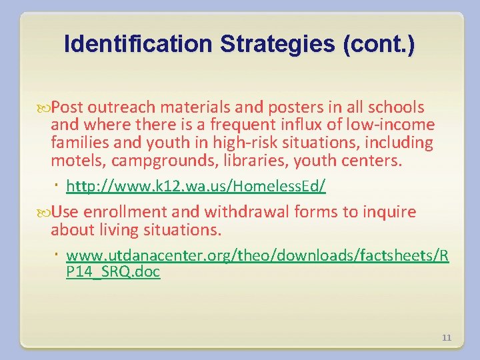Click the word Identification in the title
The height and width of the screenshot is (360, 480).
pyautogui.click(x=137, y=44)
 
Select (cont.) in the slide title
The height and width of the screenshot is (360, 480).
pyautogui.click(x=378, y=44)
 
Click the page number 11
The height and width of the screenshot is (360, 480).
pyautogui.click(x=447, y=338)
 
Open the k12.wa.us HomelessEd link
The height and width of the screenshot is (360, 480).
pyautogui.click(x=196, y=187)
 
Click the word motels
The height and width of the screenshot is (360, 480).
pyautogui.click(x=73, y=161)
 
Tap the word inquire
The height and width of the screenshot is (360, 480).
pyautogui.click(x=389, y=213)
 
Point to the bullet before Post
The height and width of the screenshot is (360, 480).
pyautogui.click(x=46, y=107)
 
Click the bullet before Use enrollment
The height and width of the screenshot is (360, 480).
pyautogui.click(x=46, y=213)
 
